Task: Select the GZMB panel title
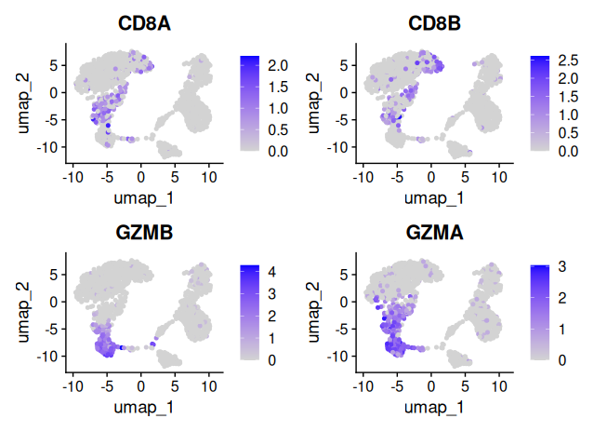(x=141, y=234)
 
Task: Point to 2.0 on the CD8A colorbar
(x=280, y=64)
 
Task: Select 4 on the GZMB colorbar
(x=274, y=274)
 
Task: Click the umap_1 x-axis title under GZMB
(x=141, y=407)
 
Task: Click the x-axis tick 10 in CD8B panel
(x=499, y=175)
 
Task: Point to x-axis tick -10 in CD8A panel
(x=73, y=175)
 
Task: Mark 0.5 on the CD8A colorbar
(x=280, y=128)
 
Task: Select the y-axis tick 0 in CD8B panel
(x=345, y=92)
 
